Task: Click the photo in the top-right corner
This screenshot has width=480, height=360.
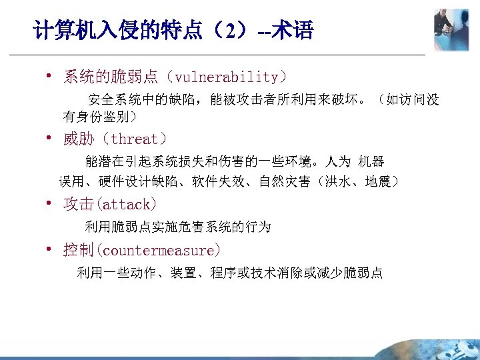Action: point(451,30)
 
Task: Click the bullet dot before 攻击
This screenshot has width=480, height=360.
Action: point(49,203)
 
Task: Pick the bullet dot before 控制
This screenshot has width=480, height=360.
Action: point(49,249)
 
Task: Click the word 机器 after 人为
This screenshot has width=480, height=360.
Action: point(371,162)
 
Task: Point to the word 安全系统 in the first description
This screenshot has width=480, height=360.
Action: point(115,100)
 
